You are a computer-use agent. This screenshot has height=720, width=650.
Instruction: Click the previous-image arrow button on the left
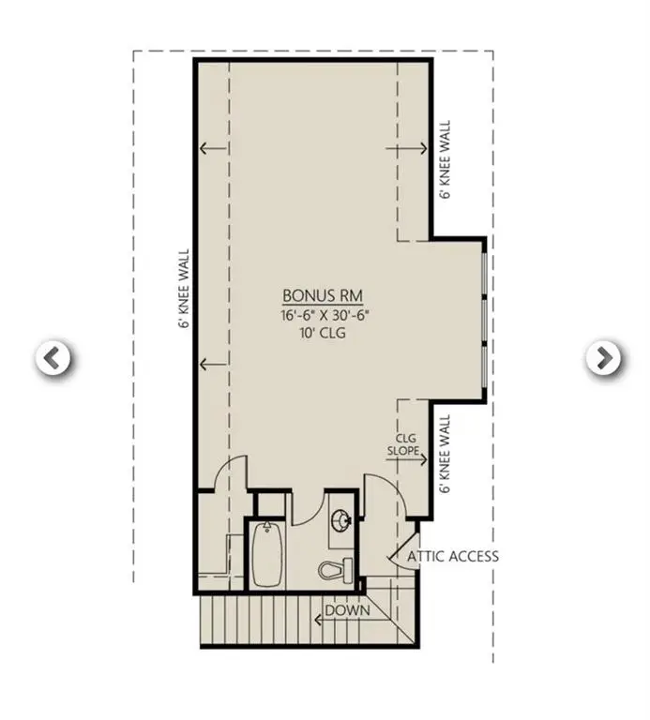53,357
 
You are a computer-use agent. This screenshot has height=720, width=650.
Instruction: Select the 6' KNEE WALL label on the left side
184,288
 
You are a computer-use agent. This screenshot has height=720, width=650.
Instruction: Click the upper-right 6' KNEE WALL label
446,158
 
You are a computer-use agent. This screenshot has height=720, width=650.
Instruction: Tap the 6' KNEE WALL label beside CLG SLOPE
446,455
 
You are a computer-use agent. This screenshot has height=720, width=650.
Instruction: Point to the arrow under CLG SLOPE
413,459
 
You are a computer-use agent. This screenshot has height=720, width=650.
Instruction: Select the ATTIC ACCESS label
453,556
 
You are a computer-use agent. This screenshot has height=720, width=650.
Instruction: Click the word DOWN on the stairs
347,610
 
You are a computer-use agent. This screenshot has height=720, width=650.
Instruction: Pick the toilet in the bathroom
336,568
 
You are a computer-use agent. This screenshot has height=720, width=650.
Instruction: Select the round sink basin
341,519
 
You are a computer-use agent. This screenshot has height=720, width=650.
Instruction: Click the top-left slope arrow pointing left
213,148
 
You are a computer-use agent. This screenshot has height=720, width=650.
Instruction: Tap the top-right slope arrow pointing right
414,148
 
